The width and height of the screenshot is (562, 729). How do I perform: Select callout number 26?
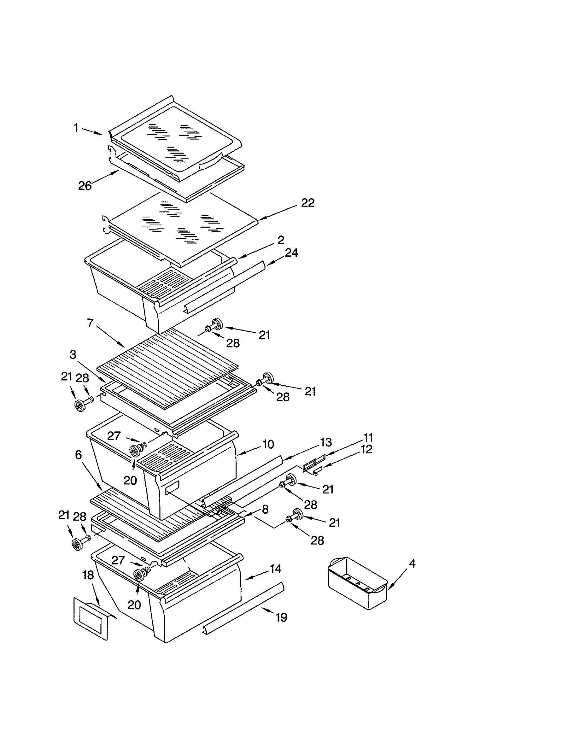85,185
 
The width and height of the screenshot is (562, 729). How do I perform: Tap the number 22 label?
308,203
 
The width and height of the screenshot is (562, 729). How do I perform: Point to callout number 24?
291,253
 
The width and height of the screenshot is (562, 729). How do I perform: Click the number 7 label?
90,323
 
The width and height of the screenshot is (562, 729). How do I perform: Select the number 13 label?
326,442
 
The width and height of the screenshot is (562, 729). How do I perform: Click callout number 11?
368,437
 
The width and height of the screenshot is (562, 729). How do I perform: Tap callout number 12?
366,449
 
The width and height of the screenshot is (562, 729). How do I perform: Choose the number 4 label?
412,564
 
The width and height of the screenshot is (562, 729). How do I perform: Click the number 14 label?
275,568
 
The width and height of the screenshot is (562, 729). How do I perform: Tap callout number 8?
265,509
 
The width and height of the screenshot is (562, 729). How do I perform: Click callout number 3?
73,354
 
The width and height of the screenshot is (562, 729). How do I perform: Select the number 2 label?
281,240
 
